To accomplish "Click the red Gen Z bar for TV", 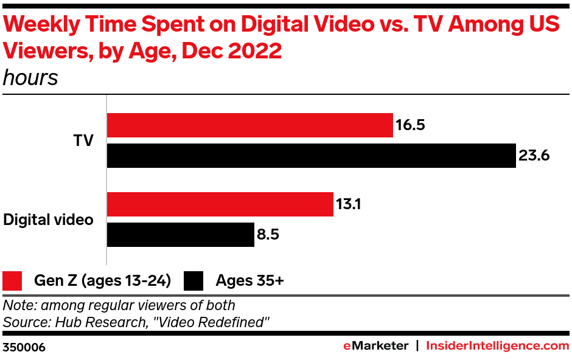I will (249, 125).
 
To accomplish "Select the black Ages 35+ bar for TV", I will (311, 156).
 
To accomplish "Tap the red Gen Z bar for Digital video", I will (220, 204).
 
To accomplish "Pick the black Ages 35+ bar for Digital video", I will (180, 235).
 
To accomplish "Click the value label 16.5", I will (410, 126).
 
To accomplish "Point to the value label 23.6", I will (534, 156).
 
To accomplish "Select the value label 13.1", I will (349, 205).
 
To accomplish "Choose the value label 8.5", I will (268, 235).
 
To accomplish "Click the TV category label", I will (83, 140).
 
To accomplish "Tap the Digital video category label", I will (49, 220).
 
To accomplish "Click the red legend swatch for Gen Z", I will (13, 281).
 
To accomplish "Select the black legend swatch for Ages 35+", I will (194, 281).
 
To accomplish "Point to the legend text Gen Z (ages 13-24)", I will (102, 281).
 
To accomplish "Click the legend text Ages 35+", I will (250, 281).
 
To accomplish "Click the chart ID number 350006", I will (24, 347).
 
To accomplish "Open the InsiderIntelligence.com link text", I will (497, 346).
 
